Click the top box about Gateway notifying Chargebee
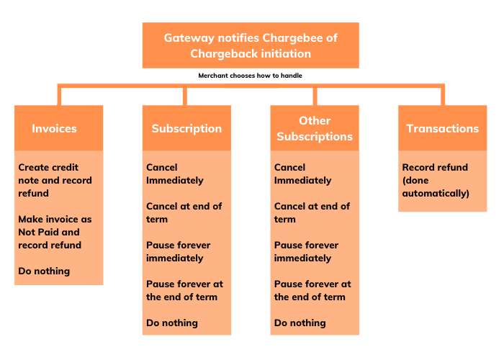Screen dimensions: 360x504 click(251, 45)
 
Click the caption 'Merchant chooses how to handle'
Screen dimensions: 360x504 click(251, 75)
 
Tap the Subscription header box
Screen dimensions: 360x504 click(186, 129)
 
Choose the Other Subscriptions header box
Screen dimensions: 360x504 click(315, 129)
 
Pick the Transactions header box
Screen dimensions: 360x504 click(442, 129)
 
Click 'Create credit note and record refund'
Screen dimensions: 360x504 click(55, 180)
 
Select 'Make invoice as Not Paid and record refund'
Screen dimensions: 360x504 click(55, 232)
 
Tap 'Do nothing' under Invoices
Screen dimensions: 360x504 click(44, 271)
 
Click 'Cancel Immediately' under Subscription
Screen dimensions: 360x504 click(175, 174)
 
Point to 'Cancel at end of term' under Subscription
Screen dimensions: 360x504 click(184, 212)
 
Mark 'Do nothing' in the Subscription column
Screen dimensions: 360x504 click(172, 323)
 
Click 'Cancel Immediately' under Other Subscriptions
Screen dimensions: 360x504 click(303, 174)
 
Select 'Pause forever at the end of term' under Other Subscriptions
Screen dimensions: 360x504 click(312, 290)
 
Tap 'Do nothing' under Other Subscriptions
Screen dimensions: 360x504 click(300, 323)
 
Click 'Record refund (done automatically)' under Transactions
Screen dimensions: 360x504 click(435, 180)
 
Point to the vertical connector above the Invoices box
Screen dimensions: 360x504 click(59, 95)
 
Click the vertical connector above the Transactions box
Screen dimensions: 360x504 click(442, 95)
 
